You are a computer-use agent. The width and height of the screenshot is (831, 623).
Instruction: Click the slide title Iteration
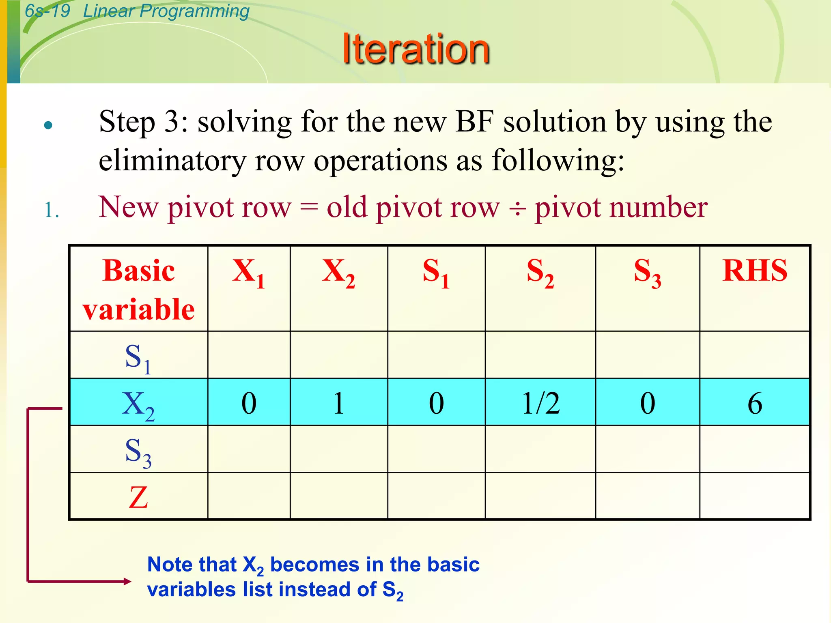[x=416, y=49]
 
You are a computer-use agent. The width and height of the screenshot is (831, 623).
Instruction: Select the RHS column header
[x=755, y=271]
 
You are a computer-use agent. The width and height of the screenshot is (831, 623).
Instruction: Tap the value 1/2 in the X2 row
[x=541, y=403]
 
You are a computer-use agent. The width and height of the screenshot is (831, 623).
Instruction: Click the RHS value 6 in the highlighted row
[x=755, y=403]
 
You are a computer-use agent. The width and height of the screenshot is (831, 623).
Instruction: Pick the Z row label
[x=138, y=497]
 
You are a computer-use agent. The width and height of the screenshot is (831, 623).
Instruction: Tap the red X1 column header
[x=249, y=272]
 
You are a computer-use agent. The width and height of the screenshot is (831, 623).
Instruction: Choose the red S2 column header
[x=540, y=272]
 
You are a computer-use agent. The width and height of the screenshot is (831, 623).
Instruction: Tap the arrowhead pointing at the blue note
[x=127, y=581]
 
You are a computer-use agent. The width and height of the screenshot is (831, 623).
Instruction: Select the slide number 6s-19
[x=47, y=11]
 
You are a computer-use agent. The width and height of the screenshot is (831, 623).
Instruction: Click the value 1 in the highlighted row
[x=339, y=403]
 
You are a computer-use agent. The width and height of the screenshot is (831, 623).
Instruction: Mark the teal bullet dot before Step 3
[x=48, y=125]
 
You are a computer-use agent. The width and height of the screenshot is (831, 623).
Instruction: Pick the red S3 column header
[x=648, y=272]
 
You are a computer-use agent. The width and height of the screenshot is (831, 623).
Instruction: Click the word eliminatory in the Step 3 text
[x=172, y=161]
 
